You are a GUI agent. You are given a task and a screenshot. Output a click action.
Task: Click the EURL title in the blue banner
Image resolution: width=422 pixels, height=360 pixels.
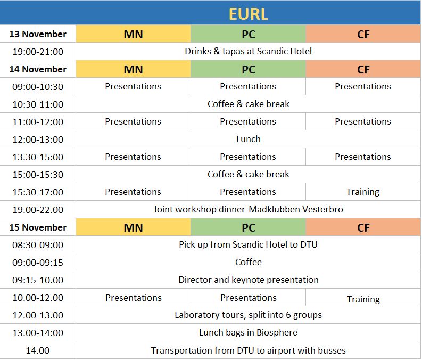click(x=248, y=14)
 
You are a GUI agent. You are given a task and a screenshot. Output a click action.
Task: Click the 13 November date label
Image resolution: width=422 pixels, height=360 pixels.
click(x=38, y=34)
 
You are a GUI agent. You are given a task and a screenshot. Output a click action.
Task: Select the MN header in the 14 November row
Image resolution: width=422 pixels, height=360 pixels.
click(x=133, y=69)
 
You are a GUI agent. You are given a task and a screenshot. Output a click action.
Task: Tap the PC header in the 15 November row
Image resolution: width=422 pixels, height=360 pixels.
click(x=248, y=228)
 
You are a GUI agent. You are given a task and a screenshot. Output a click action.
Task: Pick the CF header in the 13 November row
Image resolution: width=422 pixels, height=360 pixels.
click(x=363, y=35)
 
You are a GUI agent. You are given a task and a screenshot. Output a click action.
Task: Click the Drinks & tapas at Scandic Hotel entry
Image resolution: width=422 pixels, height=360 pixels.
click(x=248, y=51)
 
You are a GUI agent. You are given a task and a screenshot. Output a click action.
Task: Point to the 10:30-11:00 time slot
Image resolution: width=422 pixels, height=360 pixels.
click(x=38, y=104)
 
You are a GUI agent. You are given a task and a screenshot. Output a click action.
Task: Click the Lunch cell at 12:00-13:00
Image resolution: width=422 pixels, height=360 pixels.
click(x=248, y=139)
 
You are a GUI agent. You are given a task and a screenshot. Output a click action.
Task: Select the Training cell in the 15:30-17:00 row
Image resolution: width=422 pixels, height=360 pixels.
click(x=363, y=192)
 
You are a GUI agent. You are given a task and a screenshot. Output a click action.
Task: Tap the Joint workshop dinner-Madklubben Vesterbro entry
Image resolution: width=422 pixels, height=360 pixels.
click(x=248, y=209)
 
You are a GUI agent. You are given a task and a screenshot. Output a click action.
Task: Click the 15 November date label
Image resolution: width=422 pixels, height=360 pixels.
click(x=38, y=227)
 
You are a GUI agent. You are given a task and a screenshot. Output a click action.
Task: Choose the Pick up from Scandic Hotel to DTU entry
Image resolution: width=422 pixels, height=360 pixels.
click(x=248, y=244)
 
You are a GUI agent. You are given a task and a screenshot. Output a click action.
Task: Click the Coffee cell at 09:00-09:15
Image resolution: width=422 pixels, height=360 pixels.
click(x=248, y=262)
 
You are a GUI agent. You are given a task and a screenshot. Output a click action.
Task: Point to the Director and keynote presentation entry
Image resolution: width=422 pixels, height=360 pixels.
click(x=248, y=280)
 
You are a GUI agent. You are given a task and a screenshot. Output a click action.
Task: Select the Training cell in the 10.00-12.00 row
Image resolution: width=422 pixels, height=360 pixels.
click(x=363, y=299)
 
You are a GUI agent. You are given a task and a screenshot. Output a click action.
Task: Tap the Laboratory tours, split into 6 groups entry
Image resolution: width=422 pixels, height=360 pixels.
click(x=248, y=315)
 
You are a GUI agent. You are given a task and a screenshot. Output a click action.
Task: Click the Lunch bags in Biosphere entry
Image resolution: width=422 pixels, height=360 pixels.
click(x=248, y=332)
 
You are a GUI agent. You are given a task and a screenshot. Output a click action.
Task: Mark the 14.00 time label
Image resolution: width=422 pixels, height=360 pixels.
click(x=38, y=350)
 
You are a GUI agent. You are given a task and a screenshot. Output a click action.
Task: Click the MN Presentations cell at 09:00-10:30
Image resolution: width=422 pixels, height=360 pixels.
click(x=133, y=86)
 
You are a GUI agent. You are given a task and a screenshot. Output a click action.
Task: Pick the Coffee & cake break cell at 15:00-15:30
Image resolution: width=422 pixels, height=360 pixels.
click(x=248, y=174)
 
